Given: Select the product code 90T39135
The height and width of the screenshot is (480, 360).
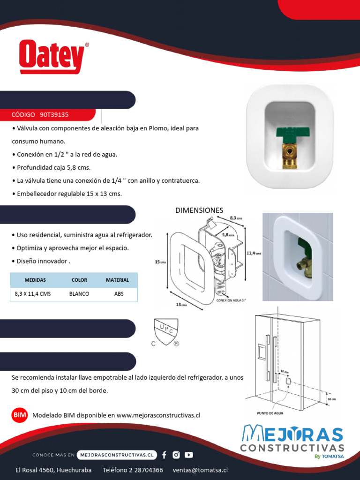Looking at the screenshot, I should [54, 114].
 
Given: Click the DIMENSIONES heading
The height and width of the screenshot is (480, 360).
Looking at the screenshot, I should [199, 210].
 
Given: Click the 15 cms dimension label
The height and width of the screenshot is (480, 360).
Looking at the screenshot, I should [160, 262].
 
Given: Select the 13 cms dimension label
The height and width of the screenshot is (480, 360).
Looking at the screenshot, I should [181, 304].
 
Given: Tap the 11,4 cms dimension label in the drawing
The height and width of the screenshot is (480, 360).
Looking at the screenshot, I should [253, 253].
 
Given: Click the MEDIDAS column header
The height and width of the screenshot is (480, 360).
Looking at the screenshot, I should [35, 280].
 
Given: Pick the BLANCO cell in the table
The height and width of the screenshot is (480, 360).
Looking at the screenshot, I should [79, 294].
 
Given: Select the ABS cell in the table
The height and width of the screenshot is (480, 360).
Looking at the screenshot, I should [119, 294].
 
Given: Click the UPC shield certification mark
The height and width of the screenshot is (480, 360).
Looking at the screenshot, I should [166, 330].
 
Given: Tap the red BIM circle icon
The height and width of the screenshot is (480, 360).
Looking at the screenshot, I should [20, 415].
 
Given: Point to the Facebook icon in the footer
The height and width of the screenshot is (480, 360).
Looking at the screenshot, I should [164, 455].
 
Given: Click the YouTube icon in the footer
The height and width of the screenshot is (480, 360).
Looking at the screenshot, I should [188, 455].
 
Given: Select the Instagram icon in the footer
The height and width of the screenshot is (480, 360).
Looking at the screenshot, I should [176, 455].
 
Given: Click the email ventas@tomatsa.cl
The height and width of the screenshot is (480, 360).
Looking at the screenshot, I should [200, 470].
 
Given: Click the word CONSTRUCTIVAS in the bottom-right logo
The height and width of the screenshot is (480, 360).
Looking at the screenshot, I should [292, 448].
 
